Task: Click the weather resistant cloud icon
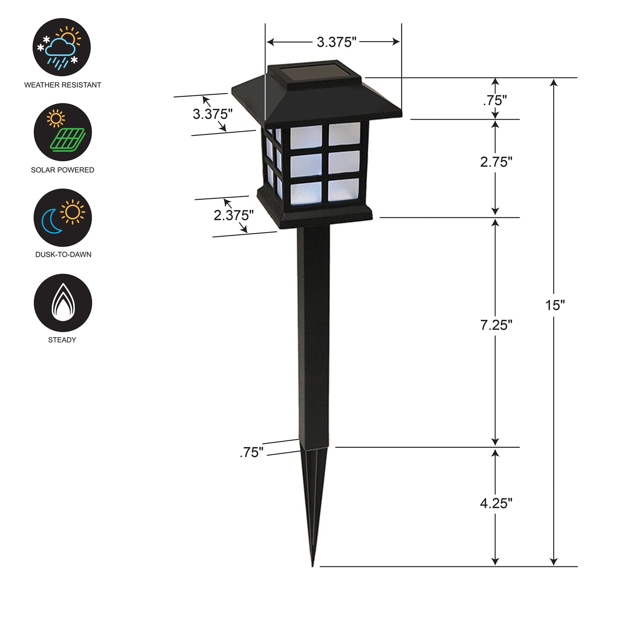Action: coord(62,47)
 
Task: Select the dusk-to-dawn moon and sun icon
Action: coord(63,217)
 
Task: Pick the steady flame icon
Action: coord(63,303)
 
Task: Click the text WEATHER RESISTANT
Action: coord(63,85)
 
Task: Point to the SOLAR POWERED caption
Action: coord(63,170)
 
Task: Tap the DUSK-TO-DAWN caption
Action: coord(63,255)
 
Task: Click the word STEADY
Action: coord(62,340)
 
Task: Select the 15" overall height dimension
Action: coord(555,305)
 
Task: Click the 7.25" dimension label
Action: coord(496,325)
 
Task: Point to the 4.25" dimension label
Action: coord(496,503)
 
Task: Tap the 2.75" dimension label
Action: coord(496,162)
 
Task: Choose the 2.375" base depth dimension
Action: coord(233,215)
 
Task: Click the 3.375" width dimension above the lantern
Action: coord(336,42)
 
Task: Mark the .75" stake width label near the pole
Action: coord(252,453)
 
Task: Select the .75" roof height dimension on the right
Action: coord(495,100)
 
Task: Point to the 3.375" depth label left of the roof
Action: coord(212,114)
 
